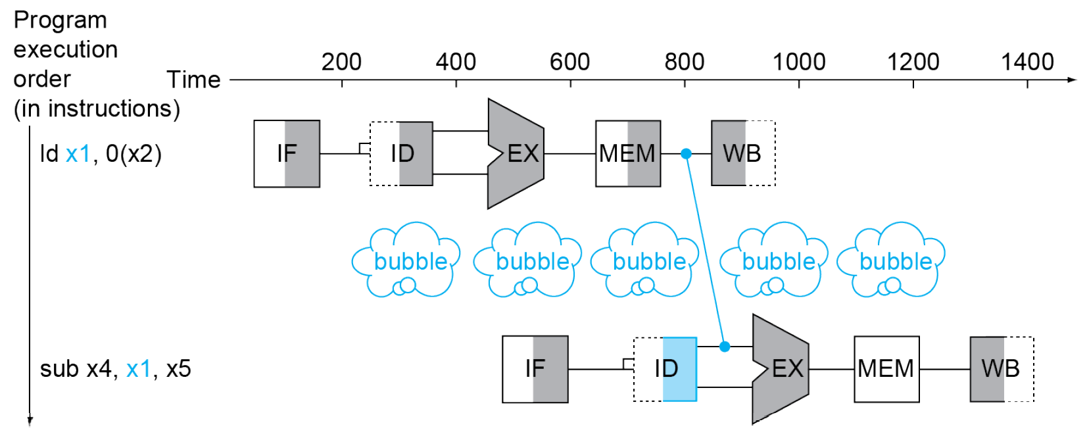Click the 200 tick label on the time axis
[341, 62]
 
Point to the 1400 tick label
[1027, 62]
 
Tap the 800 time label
[684, 62]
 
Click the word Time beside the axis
[193, 80]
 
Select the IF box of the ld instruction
[287, 154]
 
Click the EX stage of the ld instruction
[517, 154]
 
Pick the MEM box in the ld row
[628, 154]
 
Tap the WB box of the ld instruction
[742, 154]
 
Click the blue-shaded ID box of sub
[665, 369]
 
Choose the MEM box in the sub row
[886, 369]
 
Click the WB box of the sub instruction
[1001, 369]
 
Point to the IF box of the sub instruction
[535, 369]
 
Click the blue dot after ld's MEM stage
[686, 154]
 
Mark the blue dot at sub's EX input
[725, 347]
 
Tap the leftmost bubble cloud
[406, 261]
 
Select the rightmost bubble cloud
[892, 261]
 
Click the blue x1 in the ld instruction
[78, 154]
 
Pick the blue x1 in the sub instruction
[138, 369]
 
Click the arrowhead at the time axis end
[1072, 80]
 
